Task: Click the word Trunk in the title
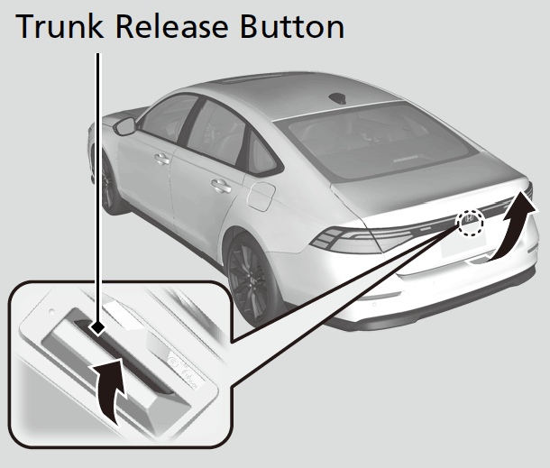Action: pos(60,26)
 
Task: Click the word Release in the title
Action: pos(172,26)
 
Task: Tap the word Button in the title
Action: pos(292,27)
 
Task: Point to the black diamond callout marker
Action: pos(98,328)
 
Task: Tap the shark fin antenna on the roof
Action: pos(338,98)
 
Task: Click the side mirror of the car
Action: pos(124,126)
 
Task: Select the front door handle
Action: pos(162,160)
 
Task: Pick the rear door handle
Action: pos(221,186)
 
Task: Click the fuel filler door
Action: pos(261,197)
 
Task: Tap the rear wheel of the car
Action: pos(251,280)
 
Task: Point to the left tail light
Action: pos(362,240)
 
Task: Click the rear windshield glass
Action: pos(382,142)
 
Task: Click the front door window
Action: pos(170,117)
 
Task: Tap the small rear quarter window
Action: pos(261,152)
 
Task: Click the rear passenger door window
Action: pos(216,131)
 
